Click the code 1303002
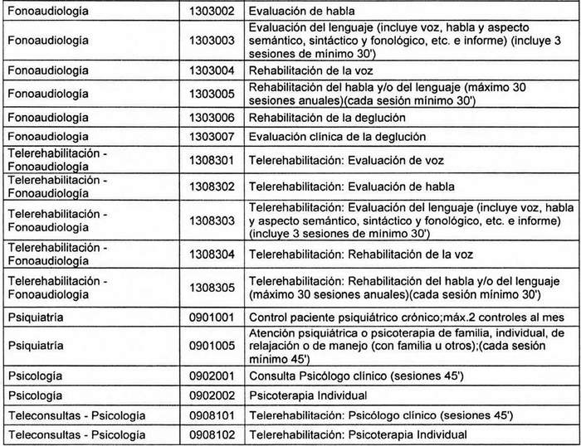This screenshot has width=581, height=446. click(213, 11)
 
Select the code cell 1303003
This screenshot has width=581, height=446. click(213, 40)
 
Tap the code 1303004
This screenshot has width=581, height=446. click(213, 69)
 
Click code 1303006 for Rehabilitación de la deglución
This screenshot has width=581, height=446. click(213, 117)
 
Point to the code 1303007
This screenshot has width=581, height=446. click(213, 136)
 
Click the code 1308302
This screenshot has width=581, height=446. click(213, 185)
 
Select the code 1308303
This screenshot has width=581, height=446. click(213, 218)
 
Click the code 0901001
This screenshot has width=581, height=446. click(213, 316)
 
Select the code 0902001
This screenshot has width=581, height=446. click(213, 376)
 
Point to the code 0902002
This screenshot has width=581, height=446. click(213, 395)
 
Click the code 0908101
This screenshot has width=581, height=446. click(213, 414)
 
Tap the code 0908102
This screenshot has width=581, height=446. click(213, 434)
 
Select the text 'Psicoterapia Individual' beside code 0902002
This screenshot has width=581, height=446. click(309, 395)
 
